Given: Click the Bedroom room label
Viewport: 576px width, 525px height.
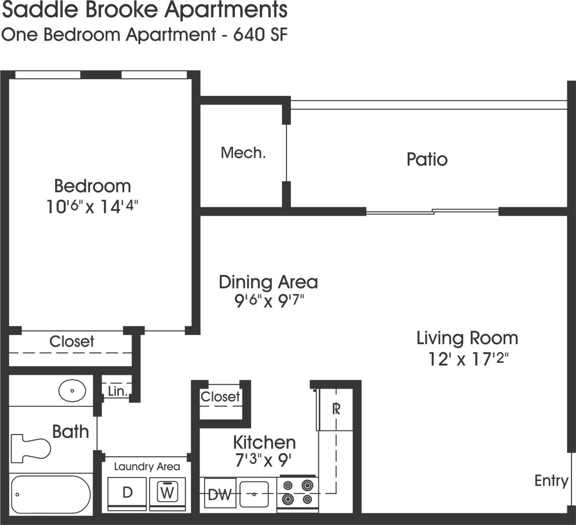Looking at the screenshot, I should (x=92, y=186).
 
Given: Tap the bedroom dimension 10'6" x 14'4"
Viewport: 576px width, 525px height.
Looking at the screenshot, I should (x=92, y=207).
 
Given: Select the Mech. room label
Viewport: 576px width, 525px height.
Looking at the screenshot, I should (x=243, y=153).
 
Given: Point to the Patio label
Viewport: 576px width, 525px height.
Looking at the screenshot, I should (x=427, y=160).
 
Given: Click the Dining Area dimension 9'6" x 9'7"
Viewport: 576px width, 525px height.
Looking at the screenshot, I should (x=268, y=302).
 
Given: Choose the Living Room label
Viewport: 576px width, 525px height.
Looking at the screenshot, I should (x=467, y=338).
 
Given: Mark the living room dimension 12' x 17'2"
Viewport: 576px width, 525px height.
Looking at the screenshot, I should (x=467, y=359).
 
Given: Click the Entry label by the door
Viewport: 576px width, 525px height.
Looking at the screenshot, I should (x=551, y=481).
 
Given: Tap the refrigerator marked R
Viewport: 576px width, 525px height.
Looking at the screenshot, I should (x=335, y=409).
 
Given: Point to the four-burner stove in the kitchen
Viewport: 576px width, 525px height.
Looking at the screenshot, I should (x=297, y=492).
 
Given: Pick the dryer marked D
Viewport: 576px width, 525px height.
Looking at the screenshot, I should (x=127, y=493).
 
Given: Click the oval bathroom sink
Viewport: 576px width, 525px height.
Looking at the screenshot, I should (x=72, y=391).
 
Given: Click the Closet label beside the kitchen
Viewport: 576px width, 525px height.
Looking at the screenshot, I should (x=220, y=397).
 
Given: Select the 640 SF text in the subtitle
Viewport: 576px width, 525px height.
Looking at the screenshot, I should (x=260, y=34).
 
